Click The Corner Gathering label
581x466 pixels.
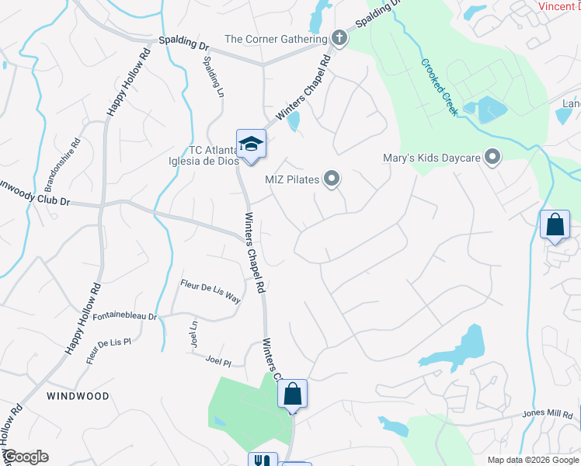pyautogui.click(x=276, y=39)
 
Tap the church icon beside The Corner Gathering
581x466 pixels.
pyautogui.click(x=339, y=38)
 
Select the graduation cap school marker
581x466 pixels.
pyautogui.click(x=251, y=144)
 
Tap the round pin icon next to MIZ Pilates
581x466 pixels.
pyautogui.click(x=332, y=179)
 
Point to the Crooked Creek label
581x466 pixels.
pyautogui.click(x=438, y=88)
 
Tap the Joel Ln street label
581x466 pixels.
pyautogui.click(x=193, y=336)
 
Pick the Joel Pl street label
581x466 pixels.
pyautogui.click(x=219, y=362)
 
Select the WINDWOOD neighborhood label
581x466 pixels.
pyautogui.click(x=77, y=396)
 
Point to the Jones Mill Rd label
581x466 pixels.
pyautogui.click(x=548, y=414)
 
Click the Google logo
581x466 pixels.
pyautogui.click(x=26, y=457)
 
